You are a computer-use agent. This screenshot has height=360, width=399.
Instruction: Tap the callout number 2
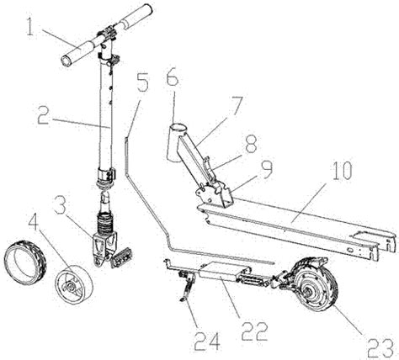coord(45,115)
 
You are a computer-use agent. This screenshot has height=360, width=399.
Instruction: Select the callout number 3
coord(61,204)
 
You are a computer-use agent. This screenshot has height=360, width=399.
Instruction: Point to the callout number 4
coord(35,220)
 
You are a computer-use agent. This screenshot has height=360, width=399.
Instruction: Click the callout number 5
coord(142,82)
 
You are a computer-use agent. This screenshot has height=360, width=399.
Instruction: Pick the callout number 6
coord(173,76)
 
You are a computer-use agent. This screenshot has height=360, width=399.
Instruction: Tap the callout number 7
coord(235,106)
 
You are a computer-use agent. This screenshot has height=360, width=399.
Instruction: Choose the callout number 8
coord(251,144)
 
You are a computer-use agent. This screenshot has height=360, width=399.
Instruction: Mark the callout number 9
coord(266,170)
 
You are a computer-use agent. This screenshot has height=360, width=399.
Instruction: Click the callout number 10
coord(342,171)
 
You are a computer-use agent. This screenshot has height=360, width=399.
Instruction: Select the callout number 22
coord(254,331)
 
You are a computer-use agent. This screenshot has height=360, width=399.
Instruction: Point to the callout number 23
coord(380,347)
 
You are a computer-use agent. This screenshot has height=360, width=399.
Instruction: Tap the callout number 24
coord(207,341)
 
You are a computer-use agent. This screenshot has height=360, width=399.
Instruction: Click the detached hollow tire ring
coord(25,263)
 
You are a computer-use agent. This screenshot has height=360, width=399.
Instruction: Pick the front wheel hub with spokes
coord(74,283)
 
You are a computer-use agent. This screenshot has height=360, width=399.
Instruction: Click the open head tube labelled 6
coord(177,142)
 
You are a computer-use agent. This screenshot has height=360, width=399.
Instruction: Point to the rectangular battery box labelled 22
coord(221,271)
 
